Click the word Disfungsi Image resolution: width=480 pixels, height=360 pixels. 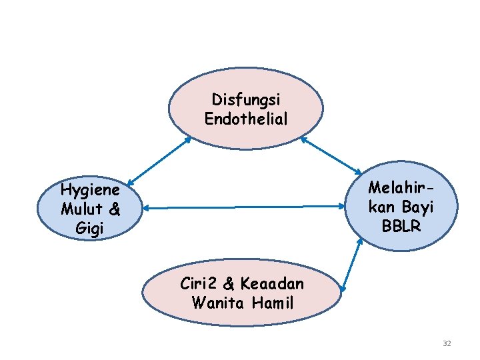coord(246,99)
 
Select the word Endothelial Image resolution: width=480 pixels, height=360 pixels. coord(246,119)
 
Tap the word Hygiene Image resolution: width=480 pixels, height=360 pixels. coord(90,191)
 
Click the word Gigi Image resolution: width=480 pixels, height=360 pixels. coord(90,228)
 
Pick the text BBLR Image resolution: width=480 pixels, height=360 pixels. coord(401,226)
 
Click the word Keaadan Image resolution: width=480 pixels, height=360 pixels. coord(273,284)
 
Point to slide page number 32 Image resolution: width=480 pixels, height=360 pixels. coord(447,343)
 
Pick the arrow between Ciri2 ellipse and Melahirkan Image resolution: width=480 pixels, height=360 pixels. coord(351,265)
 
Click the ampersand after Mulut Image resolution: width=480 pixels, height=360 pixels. coord(114,209)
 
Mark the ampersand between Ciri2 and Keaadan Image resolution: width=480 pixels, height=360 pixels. coord(228,284)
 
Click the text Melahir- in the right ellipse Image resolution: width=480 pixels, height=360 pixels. coord(402,187)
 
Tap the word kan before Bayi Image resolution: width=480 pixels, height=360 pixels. coord(383,207)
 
